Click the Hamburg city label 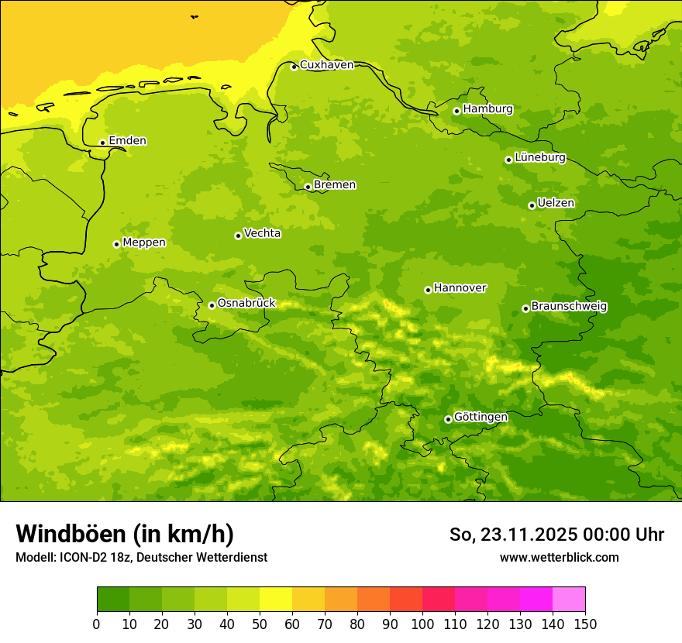(487, 109)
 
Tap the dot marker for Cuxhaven (294, 67)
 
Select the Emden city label (127, 141)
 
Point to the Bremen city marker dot (308, 187)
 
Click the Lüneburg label (539, 157)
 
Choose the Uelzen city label (556, 203)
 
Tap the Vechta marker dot (238, 236)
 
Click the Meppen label (144, 242)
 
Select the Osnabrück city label (246, 303)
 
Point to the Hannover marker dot (428, 290)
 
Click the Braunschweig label (569, 306)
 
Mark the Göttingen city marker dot (448, 419)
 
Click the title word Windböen (71, 535)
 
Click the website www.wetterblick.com (559, 557)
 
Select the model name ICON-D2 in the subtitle (81, 557)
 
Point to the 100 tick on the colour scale (422, 624)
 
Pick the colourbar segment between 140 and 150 (569, 600)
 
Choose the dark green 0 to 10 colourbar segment (113, 600)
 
